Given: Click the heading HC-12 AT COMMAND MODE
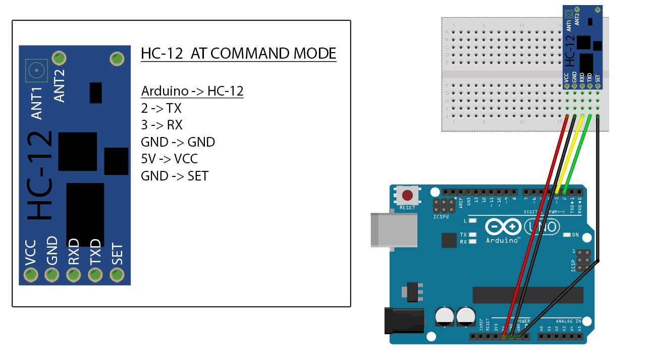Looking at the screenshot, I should click(x=238, y=54).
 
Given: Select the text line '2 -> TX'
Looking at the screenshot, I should click(x=161, y=108).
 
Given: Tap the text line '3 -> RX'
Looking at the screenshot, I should click(x=161, y=125).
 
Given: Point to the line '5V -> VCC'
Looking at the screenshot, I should click(x=169, y=159).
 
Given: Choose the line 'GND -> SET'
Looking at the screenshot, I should click(x=174, y=176).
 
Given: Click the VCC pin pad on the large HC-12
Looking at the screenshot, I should click(x=31, y=275).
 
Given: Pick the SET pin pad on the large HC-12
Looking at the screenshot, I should click(x=117, y=275).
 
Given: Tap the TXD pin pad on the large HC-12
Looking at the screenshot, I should click(x=95, y=275).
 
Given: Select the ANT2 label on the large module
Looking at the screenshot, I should click(x=60, y=85).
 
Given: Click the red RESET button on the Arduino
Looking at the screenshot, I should click(x=407, y=195).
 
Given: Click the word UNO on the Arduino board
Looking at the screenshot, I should click(x=543, y=226).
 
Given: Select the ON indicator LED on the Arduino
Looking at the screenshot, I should click(x=566, y=235).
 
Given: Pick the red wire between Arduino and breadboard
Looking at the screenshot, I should click(x=535, y=227).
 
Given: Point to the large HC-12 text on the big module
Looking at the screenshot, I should click(x=40, y=175).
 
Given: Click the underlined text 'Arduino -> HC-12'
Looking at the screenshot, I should click(x=192, y=92).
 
